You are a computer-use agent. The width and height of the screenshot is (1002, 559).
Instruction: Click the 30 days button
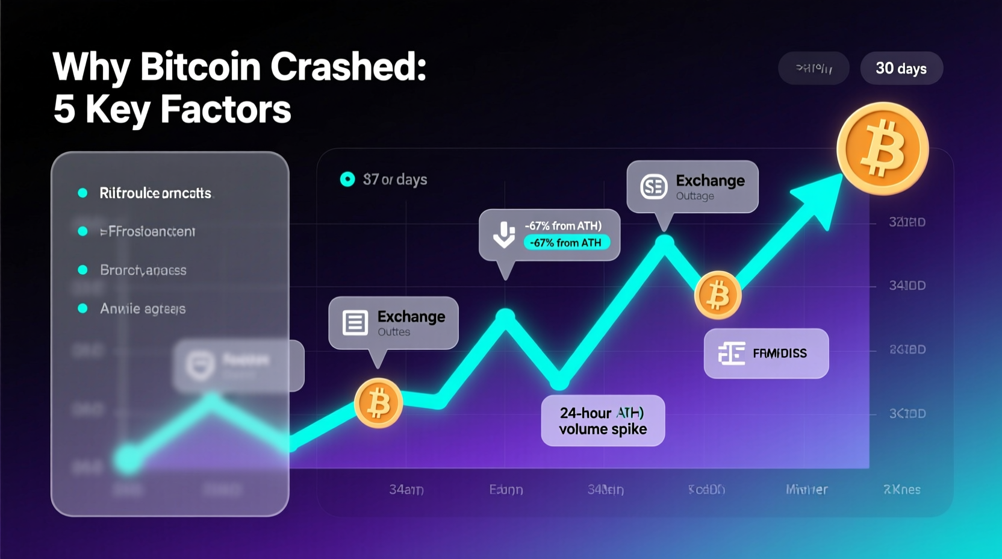coord(901,69)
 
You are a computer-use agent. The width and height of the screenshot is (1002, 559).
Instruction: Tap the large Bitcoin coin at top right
coord(882,149)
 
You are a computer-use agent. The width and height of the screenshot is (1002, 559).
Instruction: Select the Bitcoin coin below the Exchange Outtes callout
coord(378,403)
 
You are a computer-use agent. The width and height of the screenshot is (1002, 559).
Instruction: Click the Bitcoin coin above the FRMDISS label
coord(717,295)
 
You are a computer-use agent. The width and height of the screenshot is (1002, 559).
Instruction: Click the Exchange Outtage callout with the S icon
coord(692,187)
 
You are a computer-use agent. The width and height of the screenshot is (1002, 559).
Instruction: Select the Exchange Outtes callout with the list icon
coord(393,323)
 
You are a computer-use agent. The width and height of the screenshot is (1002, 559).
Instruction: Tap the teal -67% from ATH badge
coord(566,243)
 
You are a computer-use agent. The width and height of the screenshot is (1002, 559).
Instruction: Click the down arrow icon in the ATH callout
coord(504,235)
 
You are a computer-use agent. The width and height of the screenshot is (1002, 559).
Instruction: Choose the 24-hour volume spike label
coord(603,420)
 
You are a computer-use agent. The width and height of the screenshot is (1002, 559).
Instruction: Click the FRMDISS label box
coord(766,354)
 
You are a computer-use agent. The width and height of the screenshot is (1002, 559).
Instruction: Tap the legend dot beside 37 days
coord(347,180)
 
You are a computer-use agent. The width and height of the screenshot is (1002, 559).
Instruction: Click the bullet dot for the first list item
coord(83,193)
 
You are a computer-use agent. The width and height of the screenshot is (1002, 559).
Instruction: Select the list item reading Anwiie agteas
coord(143,309)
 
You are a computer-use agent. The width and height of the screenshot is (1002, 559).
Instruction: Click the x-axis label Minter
coord(806,490)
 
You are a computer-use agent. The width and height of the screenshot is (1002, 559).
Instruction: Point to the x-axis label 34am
coord(406,490)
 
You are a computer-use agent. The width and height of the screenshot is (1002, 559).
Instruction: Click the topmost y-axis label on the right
coord(907,222)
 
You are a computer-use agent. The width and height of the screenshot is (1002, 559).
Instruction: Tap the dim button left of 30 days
coord(814,69)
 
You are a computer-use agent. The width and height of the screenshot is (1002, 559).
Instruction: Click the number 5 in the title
coord(64,110)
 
